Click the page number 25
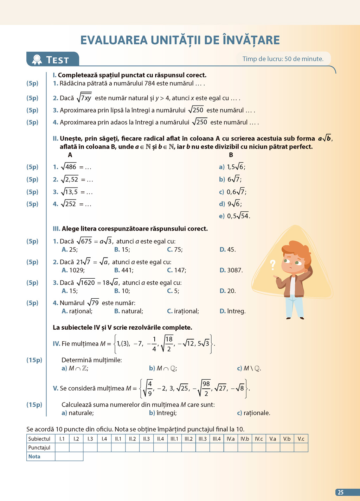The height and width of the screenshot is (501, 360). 340,492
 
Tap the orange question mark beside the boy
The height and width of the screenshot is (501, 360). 272,264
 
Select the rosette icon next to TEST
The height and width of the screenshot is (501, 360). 37,60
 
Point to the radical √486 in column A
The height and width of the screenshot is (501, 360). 69,167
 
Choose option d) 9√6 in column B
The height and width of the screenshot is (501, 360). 231,204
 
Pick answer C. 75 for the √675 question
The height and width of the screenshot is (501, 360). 175,249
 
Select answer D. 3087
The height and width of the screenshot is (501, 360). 231,270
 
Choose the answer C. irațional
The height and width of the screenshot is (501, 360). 183,311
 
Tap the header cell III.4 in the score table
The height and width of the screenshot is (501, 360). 217,439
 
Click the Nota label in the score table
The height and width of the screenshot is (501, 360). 34,456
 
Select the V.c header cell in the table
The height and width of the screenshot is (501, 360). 301,439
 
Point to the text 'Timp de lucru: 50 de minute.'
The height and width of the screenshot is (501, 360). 283,59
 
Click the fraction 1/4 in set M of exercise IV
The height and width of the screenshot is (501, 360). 154,344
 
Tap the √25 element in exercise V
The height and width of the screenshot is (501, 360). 182,388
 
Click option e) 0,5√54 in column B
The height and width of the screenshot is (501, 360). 234,216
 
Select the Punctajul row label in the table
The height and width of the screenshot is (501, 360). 39,448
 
